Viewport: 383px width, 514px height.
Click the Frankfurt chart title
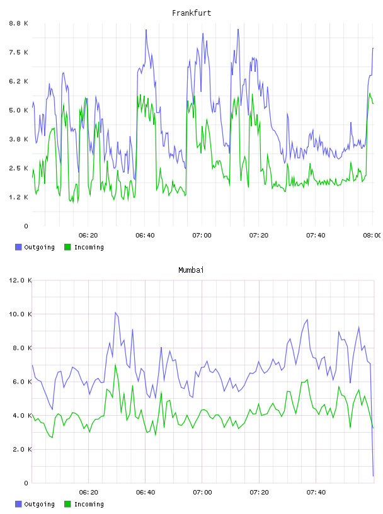(191, 13)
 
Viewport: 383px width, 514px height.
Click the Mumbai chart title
(191, 270)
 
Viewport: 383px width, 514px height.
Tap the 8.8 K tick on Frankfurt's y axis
(18, 23)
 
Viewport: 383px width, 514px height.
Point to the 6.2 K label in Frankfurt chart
(18, 81)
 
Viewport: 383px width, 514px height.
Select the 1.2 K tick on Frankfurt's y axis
(18, 197)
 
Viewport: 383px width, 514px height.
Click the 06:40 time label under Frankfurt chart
(145, 236)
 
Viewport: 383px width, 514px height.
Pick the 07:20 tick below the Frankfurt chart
(259, 236)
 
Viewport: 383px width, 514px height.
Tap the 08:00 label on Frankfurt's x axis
(372, 236)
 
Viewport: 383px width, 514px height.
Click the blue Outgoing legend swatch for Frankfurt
(18, 247)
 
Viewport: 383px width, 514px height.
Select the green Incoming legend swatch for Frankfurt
(67, 247)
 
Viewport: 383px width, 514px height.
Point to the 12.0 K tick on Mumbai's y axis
(20, 280)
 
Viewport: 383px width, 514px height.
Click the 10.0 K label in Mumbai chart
(20, 314)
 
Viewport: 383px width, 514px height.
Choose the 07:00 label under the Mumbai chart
(202, 493)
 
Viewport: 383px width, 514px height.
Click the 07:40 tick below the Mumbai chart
(316, 493)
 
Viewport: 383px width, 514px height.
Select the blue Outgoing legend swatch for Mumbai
(18, 504)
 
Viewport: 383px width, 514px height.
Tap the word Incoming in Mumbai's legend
(89, 504)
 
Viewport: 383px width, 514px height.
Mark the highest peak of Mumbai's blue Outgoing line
(115, 312)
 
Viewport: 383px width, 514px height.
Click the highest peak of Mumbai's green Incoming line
(115, 365)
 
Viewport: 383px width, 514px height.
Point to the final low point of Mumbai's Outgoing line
(373, 476)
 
